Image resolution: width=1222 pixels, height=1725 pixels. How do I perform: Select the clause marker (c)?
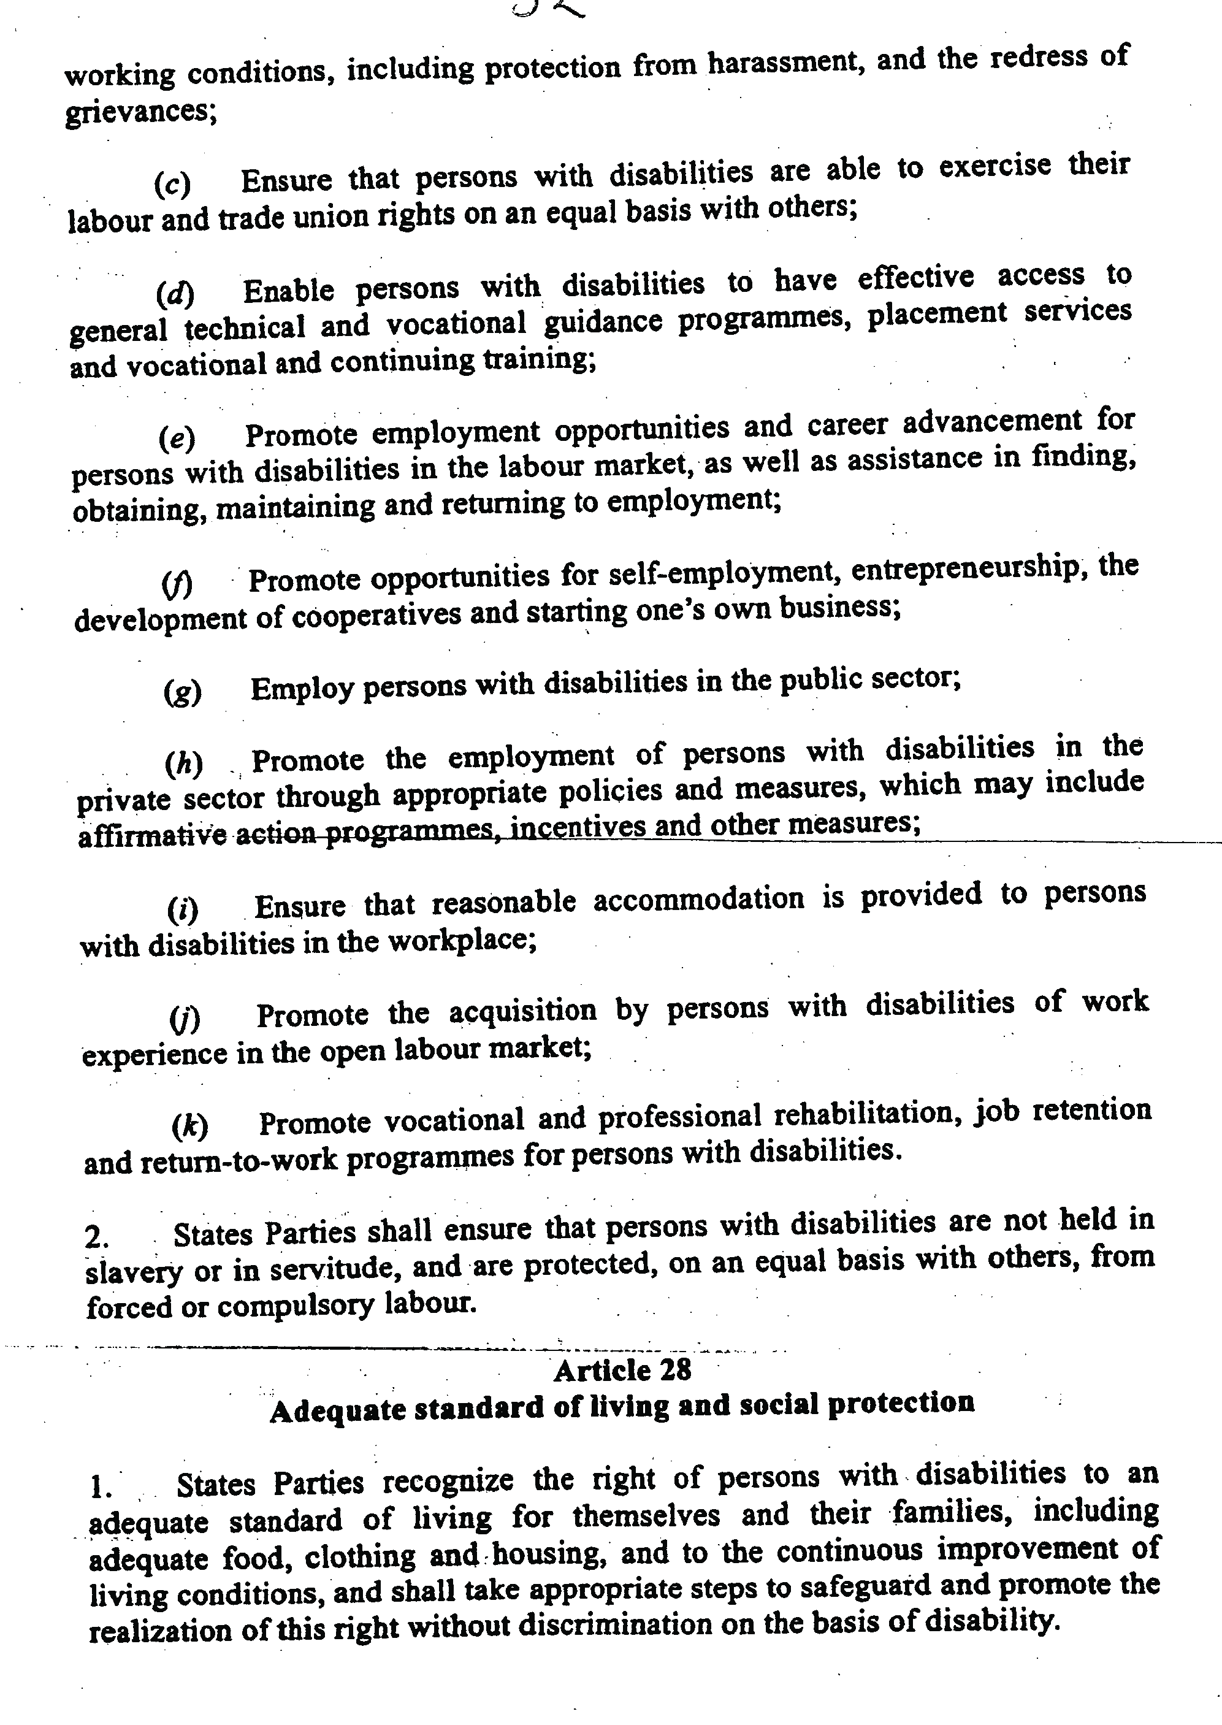(x=172, y=183)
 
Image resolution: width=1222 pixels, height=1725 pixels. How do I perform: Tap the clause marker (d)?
(x=175, y=294)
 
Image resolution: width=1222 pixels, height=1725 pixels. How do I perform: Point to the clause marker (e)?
(x=177, y=437)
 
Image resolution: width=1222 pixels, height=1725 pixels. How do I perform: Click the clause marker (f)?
(x=178, y=583)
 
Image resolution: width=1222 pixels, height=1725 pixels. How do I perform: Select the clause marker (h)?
(x=183, y=764)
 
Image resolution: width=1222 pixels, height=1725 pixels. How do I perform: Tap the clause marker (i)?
(x=183, y=910)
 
